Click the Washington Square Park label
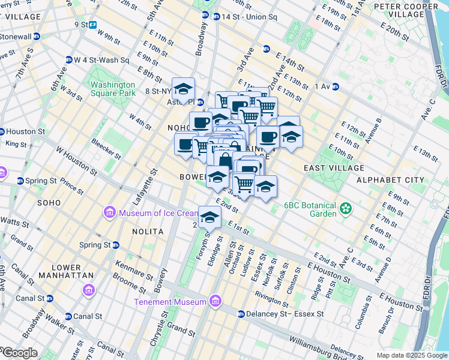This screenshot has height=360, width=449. point(113,89)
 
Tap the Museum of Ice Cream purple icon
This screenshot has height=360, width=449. point(110,213)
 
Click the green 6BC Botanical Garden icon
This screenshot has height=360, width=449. point(345,209)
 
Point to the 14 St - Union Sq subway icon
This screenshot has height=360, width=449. point(206,15)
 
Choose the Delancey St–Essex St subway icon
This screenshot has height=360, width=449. point(241,314)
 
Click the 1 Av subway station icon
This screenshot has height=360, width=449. point(335,86)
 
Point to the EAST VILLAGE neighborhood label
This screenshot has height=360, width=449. point(334,168)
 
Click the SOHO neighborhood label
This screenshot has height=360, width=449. point(49,203)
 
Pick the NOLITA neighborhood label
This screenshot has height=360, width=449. point(148,231)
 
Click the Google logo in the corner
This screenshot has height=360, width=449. point(19,353)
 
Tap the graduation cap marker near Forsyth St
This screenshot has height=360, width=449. point(209,217)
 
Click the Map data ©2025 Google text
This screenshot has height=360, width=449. point(411,355)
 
